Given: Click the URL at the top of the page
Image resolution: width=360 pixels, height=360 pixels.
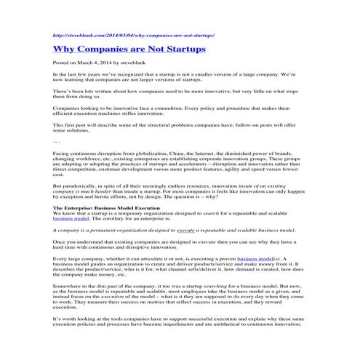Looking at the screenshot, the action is coord(134,35).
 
